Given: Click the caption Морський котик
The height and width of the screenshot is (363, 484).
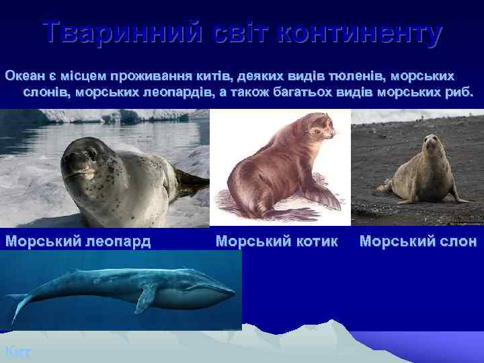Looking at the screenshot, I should tap(277, 241).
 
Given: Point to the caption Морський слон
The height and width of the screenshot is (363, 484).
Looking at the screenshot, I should tap(418, 241).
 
